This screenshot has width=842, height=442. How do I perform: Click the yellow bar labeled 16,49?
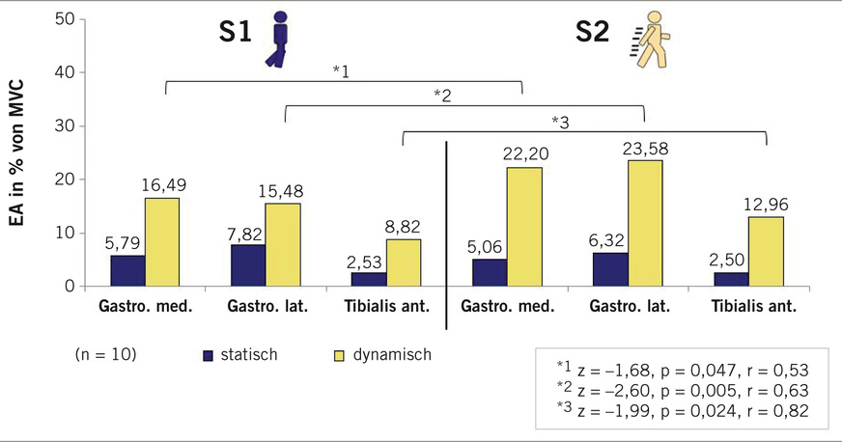click(x=161, y=241)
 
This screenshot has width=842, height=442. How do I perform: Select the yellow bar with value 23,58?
click(x=644, y=223)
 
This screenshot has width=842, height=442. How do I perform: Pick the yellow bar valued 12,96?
click(x=766, y=251)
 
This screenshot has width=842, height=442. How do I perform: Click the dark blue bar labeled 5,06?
click(x=490, y=272)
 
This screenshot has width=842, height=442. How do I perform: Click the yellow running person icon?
click(x=651, y=41)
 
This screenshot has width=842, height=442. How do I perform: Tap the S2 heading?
click(x=592, y=33)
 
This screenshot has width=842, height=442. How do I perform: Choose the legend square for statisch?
click(x=208, y=355)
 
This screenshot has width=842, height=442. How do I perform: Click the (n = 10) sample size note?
click(x=105, y=354)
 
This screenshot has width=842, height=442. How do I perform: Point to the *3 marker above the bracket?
click(x=560, y=122)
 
